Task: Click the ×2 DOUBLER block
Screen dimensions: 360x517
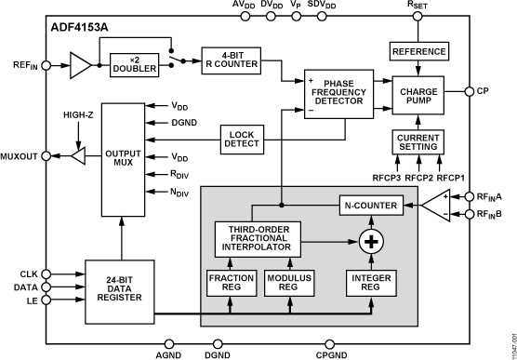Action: (x=135, y=67)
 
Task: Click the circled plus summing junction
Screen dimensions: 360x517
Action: (x=371, y=243)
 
